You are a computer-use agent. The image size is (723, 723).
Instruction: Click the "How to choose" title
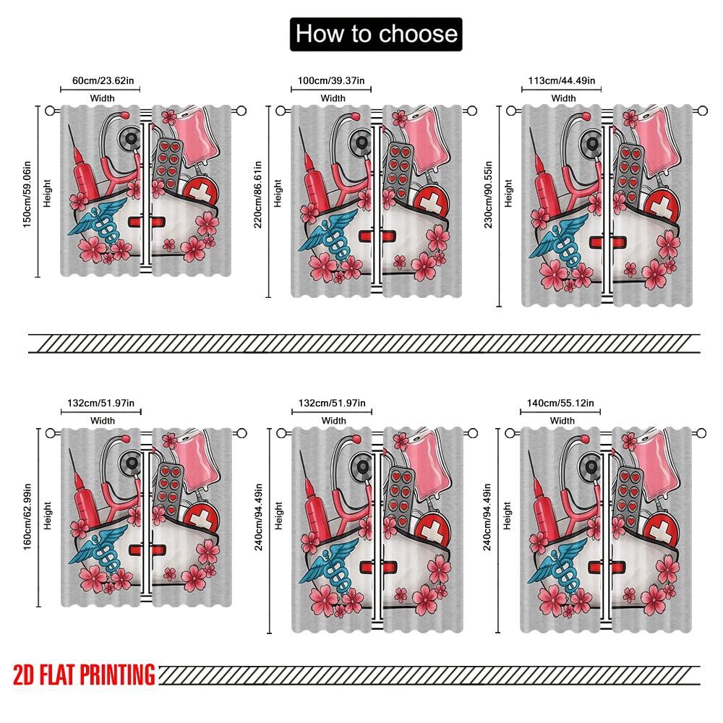click(x=376, y=34)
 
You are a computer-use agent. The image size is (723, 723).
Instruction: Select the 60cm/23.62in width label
click(x=101, y=82)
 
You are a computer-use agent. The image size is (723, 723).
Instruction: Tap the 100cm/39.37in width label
click(x=333, y=82)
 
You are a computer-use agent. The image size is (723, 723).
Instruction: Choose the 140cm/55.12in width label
click(x=562, y=403)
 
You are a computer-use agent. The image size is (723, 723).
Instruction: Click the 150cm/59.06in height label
click(x=27, y=191)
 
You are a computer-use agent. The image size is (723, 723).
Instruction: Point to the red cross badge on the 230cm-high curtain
click(x=658, y=205)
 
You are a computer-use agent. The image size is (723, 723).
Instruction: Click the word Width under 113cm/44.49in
click(x=563, y=98)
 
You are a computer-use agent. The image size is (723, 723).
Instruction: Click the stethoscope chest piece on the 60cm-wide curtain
click(x=131, y=137)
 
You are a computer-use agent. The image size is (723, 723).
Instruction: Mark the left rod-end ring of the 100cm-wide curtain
click(x=281, y=111)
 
